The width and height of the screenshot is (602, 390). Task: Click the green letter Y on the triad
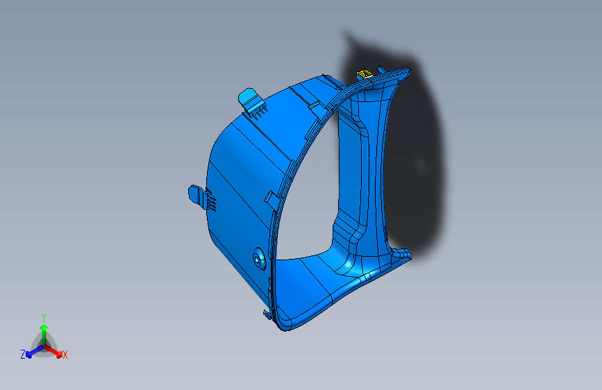tap(43, 316)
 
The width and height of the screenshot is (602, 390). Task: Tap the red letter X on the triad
tap(65, 355)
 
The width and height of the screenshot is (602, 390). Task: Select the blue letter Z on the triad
tap(23, 354)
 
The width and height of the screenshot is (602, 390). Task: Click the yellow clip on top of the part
tap(363, 74)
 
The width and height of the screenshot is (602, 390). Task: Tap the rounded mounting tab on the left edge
tap(195, 192)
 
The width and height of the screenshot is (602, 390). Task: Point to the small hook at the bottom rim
tap(267, 314)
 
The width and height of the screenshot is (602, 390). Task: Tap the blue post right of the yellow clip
tap(381, 70)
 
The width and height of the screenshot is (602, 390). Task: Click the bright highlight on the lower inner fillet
tap(345, 266)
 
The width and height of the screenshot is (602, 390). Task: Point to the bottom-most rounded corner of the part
tap(284, 328)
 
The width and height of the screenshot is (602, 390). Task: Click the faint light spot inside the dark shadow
tap(420, 164)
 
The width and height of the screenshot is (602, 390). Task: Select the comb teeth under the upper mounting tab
tap(260, 108)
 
